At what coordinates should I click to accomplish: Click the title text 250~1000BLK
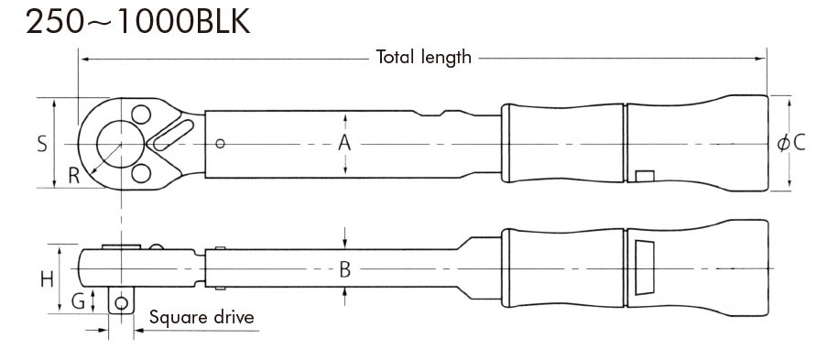pyautogui.click(x=138, y=22)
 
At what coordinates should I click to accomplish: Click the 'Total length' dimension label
pyautogui.click(x=423, y=57)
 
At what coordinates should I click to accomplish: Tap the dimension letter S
pyautogui.click(x=42, y=144)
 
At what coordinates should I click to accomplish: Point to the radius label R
pyautogui.click(x=74, y=177)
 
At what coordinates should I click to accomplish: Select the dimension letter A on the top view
pyautogui.click(x=344, y=142)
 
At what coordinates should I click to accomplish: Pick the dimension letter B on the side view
pyautogui.click(x=345, y=269)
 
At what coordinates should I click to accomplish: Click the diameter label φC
pyautogui.click(x=791, y=143)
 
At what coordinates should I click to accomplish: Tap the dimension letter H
pyautogui.click(x=48, y=280)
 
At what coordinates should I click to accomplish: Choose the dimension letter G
pyautogui.click(x=78, y=301)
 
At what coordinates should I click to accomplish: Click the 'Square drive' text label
pyautogui.click(x=202, y=317)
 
